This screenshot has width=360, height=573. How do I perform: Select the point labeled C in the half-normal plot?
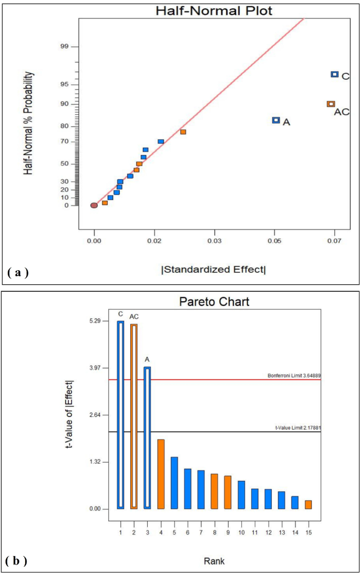pyautogui.click(x=334, y=75)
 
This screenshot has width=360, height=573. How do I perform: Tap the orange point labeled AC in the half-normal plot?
pyautogui.click(x=331, y=104)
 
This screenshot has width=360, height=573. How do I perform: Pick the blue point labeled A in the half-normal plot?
pyautogui.click(x=276, y=120)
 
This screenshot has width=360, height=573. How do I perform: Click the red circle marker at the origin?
pyautogui.click(x=94, y=206)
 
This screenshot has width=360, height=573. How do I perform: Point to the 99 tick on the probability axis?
pyautogui.click(x=65, y=47)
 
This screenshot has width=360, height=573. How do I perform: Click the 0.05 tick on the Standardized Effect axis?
pyautogui.click(x=274, y=240)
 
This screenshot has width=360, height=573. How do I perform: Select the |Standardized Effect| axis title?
pyautogui.click(x=214, y=270)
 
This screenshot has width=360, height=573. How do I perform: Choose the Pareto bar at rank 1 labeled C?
pyautogui.click(x=120, y=415)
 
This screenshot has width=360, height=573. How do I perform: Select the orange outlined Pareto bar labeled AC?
pyautogui.click(x=134, y=416)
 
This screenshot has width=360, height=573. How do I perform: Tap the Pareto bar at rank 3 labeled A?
pyautogui.click(x=147, y=438)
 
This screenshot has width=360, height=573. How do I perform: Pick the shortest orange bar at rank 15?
pyautogui.click(x=308, y=505)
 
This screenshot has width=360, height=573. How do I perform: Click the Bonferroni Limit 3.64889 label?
pyautogui.click(x=294, y=375)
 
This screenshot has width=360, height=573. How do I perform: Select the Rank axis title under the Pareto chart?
pyautogui.click(x=213, y=561)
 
